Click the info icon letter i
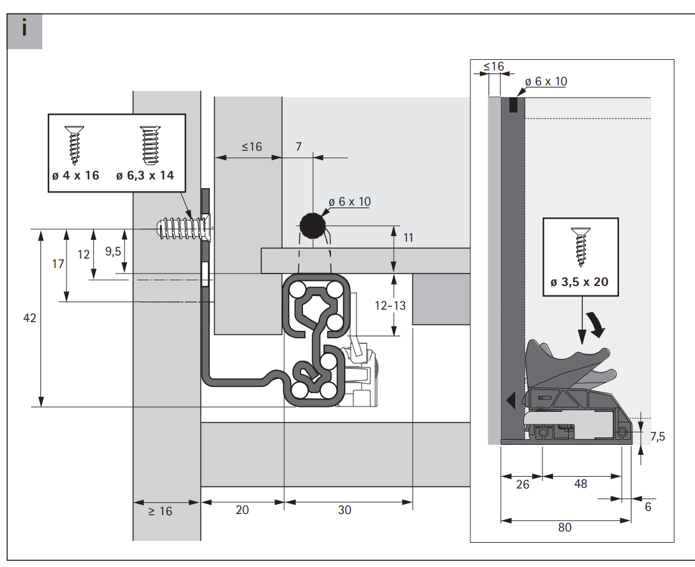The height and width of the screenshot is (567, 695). (24, 28)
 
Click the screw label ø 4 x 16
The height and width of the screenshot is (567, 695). (76, 175)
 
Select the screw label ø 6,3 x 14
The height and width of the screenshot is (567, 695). (145, 175)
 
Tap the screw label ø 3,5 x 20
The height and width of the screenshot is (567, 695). (579, 282)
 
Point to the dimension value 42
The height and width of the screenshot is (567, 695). (30, 318)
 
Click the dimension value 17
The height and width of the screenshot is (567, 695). (58, 264)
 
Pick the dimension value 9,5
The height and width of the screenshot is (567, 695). (113, 252)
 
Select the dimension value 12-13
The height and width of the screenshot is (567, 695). (390, 305)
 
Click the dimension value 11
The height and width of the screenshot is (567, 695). (408, 238)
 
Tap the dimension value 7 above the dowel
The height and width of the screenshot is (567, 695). (299, 146)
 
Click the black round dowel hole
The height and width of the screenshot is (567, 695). (312, 226)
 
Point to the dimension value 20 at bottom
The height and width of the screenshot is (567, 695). (242, 510)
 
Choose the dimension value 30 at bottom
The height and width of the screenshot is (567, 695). (345, 510)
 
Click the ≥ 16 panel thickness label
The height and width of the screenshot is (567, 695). (160, 512)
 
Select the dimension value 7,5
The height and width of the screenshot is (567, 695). (658, 437)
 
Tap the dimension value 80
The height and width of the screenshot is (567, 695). (565, 528)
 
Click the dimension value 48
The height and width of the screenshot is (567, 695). (581, 484)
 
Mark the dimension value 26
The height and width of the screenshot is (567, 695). (523, 484)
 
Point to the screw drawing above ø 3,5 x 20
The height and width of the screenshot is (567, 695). (580, 247)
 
